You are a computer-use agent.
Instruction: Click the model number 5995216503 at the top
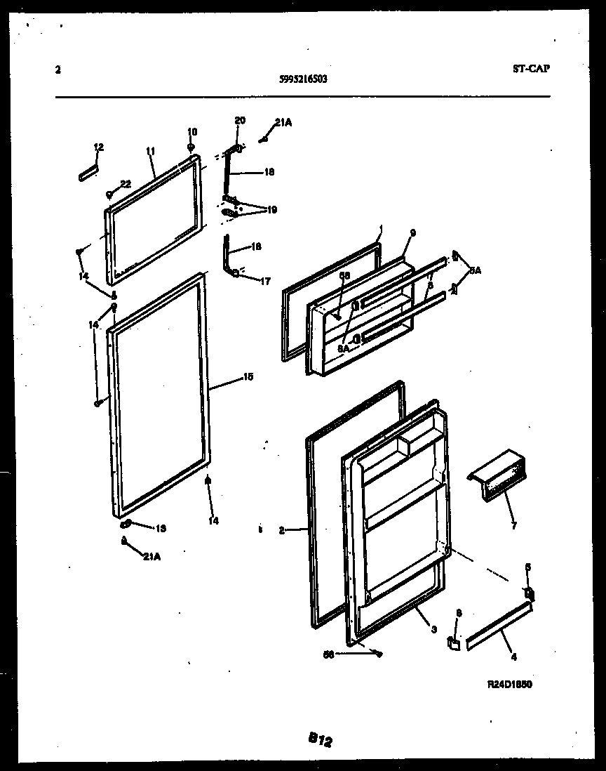303,79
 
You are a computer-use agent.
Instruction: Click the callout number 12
99,147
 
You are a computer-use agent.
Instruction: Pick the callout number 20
240,120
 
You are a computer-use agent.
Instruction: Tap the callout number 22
126,184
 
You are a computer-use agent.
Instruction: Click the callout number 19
271,209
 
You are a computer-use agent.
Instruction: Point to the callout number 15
248,377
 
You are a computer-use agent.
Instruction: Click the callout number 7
513,526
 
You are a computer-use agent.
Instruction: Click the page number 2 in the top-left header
57,69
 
